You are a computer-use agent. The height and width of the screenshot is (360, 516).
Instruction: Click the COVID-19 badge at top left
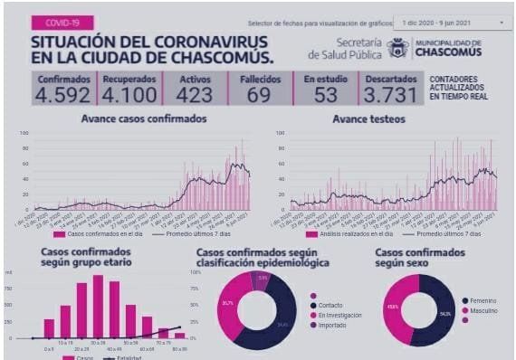[56, 23]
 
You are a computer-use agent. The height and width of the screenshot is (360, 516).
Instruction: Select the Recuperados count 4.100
[129, 93]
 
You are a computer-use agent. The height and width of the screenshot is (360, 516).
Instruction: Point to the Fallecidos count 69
[260, 93]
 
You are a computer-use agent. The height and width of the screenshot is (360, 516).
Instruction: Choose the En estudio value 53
[325, 93]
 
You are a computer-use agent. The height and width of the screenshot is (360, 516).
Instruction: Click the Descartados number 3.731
[391, 93]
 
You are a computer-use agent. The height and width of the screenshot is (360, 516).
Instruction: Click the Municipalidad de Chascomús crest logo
[398, 48]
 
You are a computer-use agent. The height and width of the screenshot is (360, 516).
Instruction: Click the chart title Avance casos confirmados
[143, 119]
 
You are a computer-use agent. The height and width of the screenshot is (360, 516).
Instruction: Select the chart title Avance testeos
[368, 119]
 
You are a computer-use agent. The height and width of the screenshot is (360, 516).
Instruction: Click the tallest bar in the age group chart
[97, 306]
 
